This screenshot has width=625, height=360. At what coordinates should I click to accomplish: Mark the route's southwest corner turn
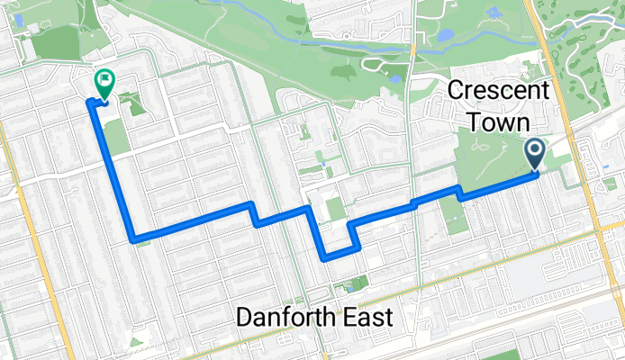coord(135,239)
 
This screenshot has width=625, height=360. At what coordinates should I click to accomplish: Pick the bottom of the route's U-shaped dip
coord(338,256)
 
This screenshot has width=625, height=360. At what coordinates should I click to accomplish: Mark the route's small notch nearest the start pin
coord(460,192)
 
